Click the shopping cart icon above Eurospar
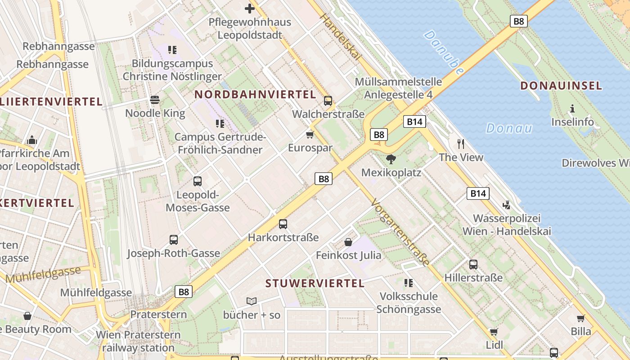[x=310, y=135]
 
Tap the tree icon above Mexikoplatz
[x=391, y=159]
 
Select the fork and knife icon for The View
[x=461, y=144]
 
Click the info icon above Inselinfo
[x=572, y=108]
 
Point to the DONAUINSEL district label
[x=561, y=85]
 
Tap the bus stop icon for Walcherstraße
[x=328, y=101]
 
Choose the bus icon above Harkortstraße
[x=283, y=224]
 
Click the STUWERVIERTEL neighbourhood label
[x=315, y=283]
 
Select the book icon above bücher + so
[x=252, y=301]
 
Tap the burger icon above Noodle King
[x=155, y=99]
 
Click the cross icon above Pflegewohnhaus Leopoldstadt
[x=249, y=8]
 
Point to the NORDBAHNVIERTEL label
[x=255, y=94]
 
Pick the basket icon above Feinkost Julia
[x=348, y=242]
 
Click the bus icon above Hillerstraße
[x=473, y=264]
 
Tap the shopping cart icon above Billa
[x=581, y=318]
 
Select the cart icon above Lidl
[x=494, y=332]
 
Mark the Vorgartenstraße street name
[x=400, y=232]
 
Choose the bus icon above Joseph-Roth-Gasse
[x=174, y=240]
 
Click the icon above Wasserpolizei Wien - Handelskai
[x=507, y=205]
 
